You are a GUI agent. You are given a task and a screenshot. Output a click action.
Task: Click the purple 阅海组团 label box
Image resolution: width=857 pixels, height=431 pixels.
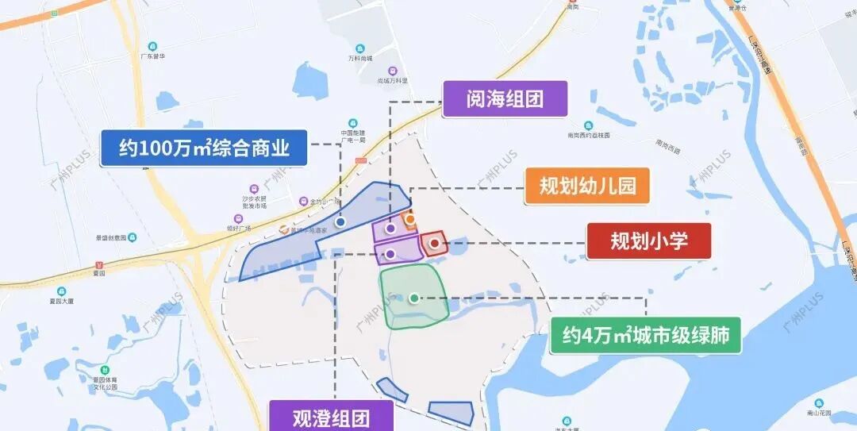[x=505, y=100]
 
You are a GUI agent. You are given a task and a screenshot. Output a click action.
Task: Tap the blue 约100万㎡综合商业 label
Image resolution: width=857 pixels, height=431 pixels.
[x=203, y=148]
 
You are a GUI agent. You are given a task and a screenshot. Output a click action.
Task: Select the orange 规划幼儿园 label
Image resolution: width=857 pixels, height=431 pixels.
[x=587, y=187]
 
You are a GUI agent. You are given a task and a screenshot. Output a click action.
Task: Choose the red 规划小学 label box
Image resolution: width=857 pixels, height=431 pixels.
[x=648, y=241]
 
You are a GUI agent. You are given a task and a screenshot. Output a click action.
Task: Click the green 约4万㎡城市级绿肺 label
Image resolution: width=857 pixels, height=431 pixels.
[x=645, y=335]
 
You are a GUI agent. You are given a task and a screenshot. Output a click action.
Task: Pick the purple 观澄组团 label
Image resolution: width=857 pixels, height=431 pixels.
[x=331, y=416]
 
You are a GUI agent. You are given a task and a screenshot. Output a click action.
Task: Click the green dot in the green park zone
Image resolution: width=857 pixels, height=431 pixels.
[x=414, y=298]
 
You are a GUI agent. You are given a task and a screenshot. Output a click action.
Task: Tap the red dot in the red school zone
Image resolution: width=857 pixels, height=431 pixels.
[x=435, y=243]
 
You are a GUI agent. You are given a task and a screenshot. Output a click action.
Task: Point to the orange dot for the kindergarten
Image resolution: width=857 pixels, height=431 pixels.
[x=410, y=218]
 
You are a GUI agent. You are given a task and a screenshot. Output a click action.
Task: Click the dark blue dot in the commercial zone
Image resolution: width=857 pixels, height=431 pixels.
[x=340, y=223]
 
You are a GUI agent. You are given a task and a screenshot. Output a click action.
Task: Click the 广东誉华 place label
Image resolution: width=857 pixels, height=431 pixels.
[x=152, y=56]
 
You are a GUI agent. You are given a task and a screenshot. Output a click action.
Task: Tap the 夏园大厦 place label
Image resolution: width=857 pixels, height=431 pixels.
[x=60, y=302]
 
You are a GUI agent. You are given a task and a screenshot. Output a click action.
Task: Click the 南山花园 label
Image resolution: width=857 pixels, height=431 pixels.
[x=817, y=414]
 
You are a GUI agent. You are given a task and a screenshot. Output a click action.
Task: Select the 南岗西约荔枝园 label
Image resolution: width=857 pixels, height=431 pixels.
[x=588, y=136]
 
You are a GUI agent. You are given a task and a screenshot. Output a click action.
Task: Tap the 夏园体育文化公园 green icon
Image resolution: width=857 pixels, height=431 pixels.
[x=104, y=370]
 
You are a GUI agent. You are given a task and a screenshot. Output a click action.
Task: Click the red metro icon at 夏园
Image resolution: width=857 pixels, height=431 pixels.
[x=98, y=264]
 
